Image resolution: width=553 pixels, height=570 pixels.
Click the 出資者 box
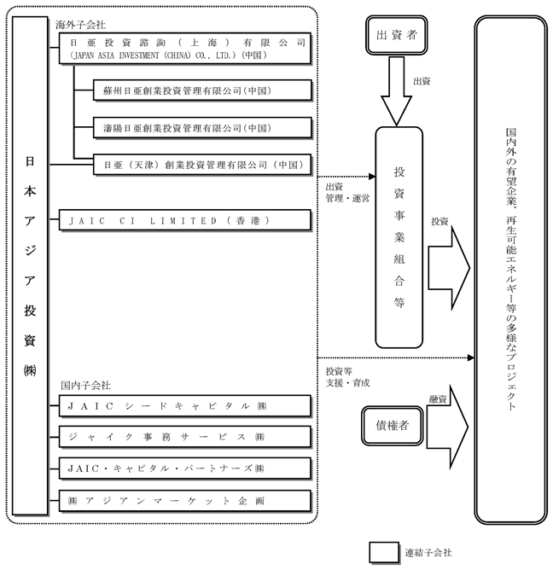click(396, 35)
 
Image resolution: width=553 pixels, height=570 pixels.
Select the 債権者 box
click(393, 425)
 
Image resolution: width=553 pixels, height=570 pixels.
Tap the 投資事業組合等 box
click(399, 237)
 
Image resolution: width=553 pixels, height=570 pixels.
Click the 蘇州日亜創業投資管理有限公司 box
click(202, 90)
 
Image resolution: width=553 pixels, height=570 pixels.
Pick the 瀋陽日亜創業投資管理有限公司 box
click(202, 128)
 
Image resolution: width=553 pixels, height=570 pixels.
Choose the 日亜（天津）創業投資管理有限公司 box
click(202, 165)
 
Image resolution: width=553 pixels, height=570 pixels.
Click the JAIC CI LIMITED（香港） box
click(185, 220)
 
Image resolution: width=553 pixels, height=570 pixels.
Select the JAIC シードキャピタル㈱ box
click(185, 406)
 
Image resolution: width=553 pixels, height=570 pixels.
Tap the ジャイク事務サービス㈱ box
click(185, 437)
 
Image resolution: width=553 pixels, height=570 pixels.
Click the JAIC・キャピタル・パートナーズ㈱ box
click(185, 468)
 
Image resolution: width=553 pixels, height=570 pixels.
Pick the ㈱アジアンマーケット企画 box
click(185, 501)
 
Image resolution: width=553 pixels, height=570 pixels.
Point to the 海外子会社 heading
click(80, 25)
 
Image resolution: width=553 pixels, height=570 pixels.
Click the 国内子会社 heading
click(85, 386)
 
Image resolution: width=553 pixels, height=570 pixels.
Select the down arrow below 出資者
click(396, 91)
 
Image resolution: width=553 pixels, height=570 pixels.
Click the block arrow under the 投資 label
click(449, 268)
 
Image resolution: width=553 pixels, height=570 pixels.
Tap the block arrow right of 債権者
click(447, 427)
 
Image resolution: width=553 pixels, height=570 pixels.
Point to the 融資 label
click(438, 399)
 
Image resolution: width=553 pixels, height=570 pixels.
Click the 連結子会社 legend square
click(384, 553)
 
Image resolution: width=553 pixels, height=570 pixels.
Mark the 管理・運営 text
click(347, 199)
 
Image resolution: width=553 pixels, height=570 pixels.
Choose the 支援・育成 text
click(347, 383)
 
